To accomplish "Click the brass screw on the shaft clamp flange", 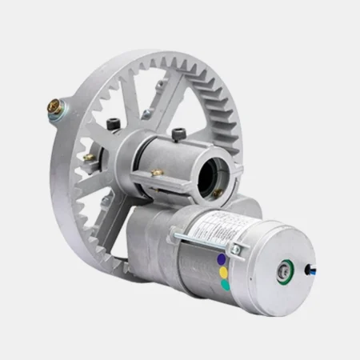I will tap(158, 171).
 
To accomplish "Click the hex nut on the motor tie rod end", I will tap(235, 251).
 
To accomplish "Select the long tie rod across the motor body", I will tap(204, 240).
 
